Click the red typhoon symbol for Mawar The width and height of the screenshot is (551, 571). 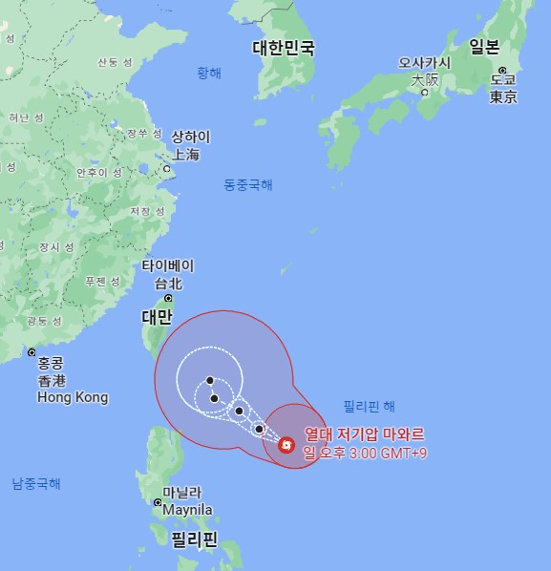[286, 444]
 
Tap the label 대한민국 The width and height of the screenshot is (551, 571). [283, 48]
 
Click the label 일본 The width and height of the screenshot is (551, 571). [483, 47]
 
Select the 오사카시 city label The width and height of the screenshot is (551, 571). [425, 63]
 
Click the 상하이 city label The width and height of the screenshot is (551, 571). [190, 137]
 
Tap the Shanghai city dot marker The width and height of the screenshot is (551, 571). [166, 169]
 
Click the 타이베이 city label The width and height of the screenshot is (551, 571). [168, 265]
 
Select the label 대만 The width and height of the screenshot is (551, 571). [157, 316]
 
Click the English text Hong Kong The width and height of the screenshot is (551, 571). [73, 397]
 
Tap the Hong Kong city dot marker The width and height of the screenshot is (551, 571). [32, 352]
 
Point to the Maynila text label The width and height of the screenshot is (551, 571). [187, 510]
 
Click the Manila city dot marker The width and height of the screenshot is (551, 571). [158, 502]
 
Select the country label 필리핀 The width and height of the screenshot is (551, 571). [194, 539]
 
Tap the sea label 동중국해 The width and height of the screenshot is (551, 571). [248, 184]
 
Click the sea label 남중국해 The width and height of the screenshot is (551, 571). [36, 483]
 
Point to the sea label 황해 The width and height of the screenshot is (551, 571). [208, 73]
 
